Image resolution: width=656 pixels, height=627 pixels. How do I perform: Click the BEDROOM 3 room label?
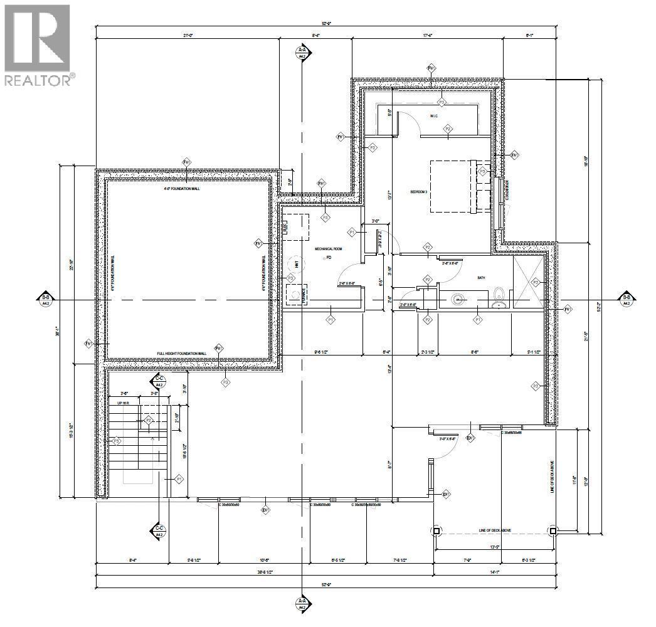click(419, 192)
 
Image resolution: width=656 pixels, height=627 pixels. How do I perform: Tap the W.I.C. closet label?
click(433, 116)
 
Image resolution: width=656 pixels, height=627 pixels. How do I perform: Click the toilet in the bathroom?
click(499, 293)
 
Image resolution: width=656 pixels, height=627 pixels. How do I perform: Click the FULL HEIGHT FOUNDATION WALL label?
click(181, 354)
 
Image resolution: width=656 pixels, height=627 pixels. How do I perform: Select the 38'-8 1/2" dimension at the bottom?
click(263, 572)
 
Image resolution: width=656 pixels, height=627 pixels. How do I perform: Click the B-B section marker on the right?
click(626, 300)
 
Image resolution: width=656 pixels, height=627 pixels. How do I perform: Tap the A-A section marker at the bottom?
click(302, 604)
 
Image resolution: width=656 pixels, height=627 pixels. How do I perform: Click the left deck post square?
click(436, 530)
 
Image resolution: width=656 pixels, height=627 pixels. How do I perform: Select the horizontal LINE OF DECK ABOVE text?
click(494, 530)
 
